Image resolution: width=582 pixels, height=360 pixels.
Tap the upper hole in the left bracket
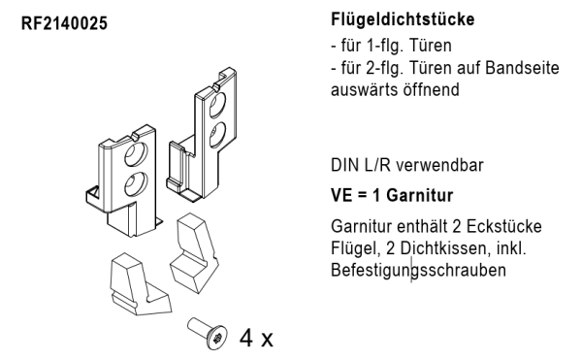(134, 152)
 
